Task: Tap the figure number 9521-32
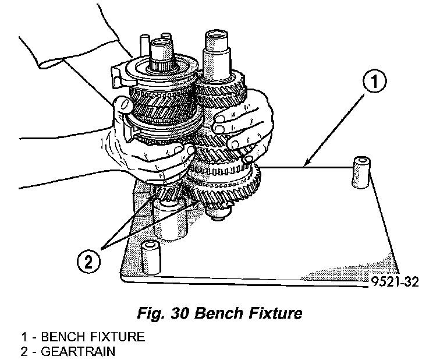(x=393, y=282)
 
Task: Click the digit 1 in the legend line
(x=24, y=337)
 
